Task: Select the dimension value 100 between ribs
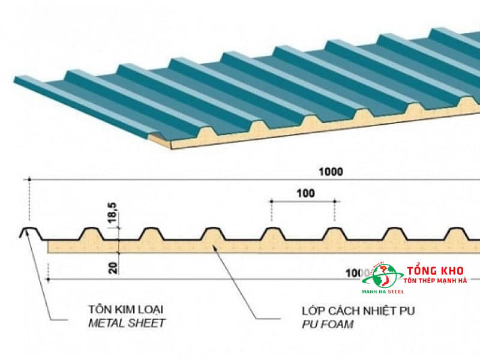tap(304, 193)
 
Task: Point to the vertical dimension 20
tap(113, 265)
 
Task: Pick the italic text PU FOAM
tap(327, 324)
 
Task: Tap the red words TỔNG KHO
tap(432, 271)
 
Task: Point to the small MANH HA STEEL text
tap(383, 292)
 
